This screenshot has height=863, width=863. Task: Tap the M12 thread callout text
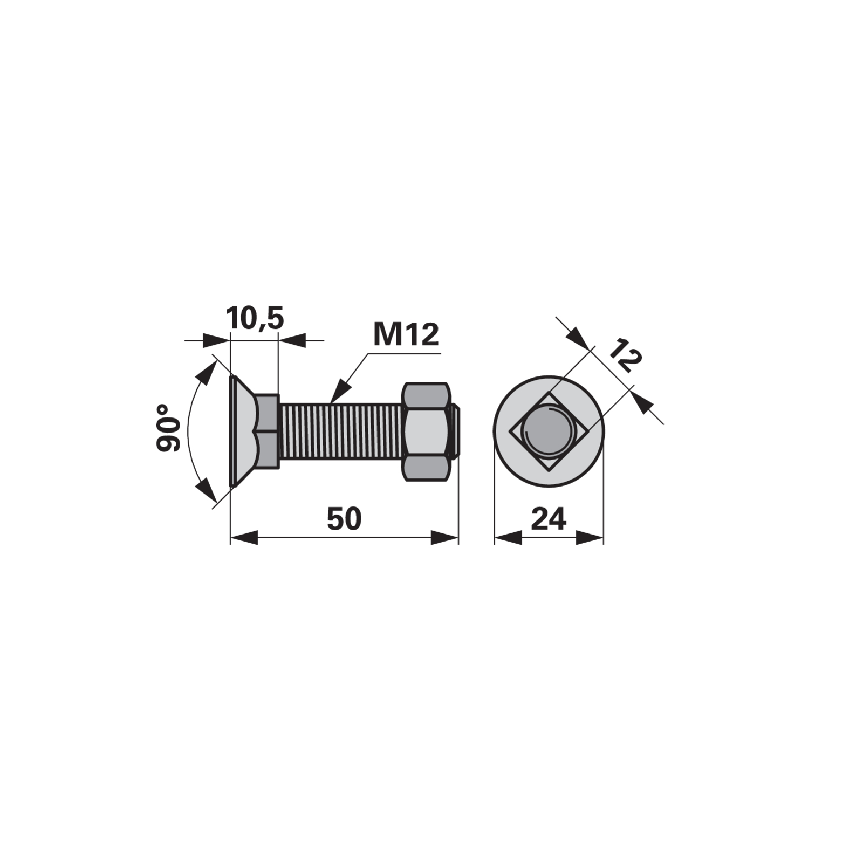(x=406, y=335)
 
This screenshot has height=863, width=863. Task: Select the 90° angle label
(x=169, y=428)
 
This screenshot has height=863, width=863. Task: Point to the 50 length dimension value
(x=344, y=519)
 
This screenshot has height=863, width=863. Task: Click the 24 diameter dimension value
(x=549, y=519)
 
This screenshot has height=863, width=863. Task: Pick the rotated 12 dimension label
(x=625, y=356)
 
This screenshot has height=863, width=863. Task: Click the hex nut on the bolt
(x=426, y=432)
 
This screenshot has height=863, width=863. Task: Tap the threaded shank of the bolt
(x=341, y=432)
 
